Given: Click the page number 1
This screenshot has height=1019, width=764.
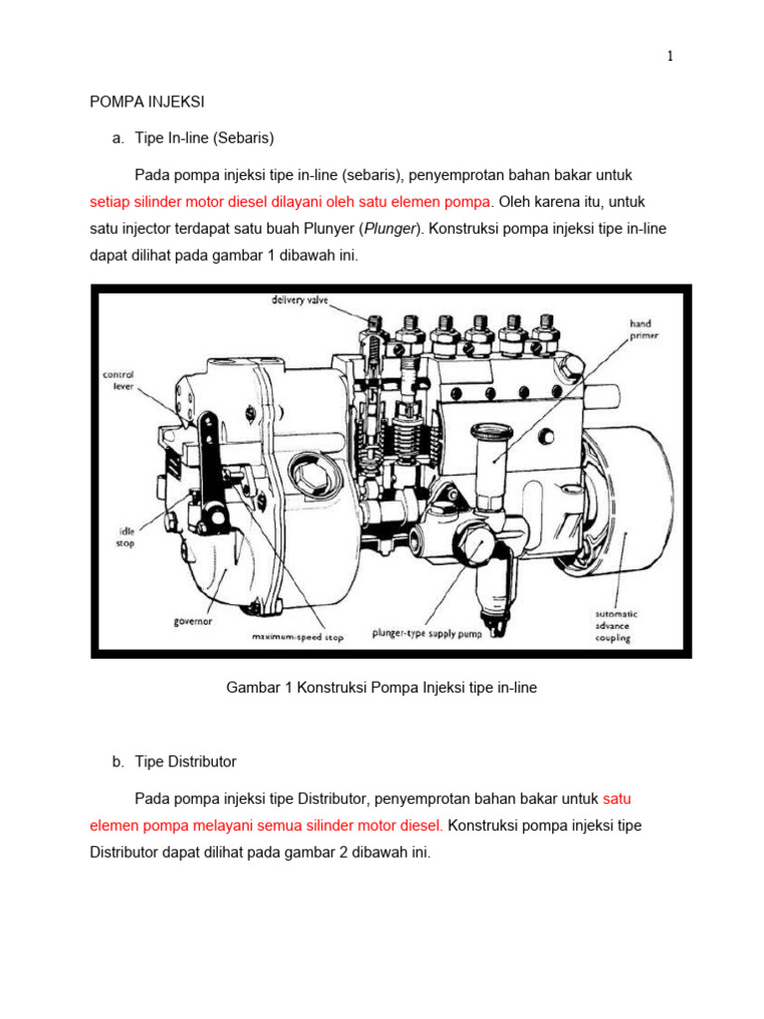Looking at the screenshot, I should pos(670,57).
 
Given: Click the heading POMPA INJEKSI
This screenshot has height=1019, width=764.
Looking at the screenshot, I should pos(147,101).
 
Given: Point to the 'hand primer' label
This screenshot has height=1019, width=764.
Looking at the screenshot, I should pos(642,329).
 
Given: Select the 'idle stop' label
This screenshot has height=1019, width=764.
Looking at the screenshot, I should pos(120,537).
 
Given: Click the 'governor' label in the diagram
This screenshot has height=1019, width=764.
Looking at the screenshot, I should pos(192,622).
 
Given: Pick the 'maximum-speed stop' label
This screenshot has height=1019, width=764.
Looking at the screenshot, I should pos(296,638).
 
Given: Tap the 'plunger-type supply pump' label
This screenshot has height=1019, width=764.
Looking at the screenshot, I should pos(426,633).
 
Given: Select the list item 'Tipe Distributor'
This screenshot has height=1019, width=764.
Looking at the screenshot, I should pos(185,761).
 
